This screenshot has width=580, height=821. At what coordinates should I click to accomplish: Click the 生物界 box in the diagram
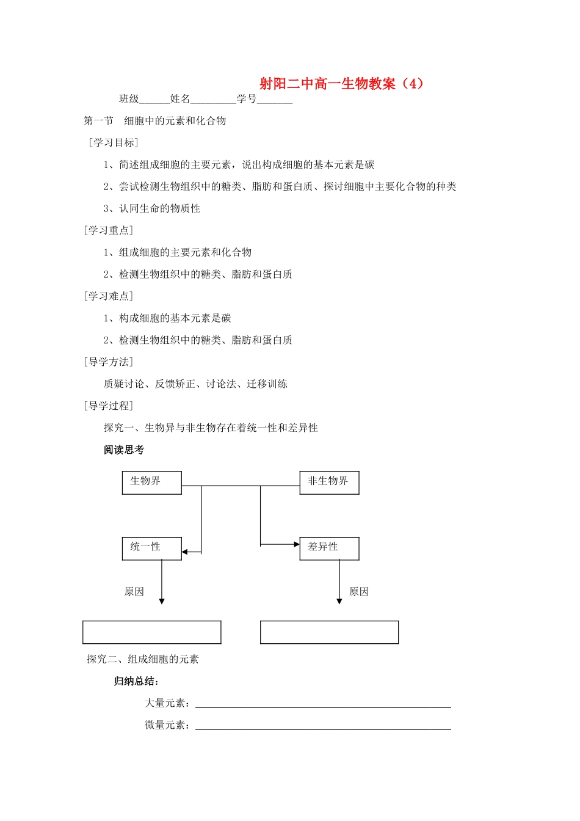(x=151, y=482)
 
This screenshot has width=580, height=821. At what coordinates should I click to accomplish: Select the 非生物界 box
(x=329, y=482)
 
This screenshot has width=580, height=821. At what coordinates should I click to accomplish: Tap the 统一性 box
(x=151, y=548)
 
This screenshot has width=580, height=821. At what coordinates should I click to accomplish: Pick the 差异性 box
(x=329, y=548)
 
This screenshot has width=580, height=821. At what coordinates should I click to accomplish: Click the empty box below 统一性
(x=151, y=632)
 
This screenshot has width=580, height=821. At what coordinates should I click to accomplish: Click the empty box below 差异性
(x=329, y=632)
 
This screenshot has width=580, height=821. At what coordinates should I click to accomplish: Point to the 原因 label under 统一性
(x=134, y=591)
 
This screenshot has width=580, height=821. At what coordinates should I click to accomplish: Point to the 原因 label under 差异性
(x=359, y=591)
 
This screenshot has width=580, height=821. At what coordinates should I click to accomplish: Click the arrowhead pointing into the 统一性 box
(x=185, y=552)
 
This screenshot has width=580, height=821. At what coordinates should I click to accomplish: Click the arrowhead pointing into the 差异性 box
(x=296, y=544)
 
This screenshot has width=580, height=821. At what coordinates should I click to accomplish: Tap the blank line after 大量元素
(x=323, y=704)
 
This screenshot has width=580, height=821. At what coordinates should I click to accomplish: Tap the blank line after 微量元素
(x=323, y=726)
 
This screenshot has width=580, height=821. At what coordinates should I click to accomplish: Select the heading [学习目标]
(x=114, y=142)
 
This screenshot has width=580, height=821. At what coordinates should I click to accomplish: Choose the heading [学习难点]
(x=108, y=296)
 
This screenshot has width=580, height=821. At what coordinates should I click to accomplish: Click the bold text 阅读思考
(x=124, y=450)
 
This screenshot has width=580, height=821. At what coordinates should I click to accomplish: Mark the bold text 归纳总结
(x=136, y=681)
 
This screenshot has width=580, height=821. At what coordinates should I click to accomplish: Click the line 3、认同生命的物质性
(x=152, y=208)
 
